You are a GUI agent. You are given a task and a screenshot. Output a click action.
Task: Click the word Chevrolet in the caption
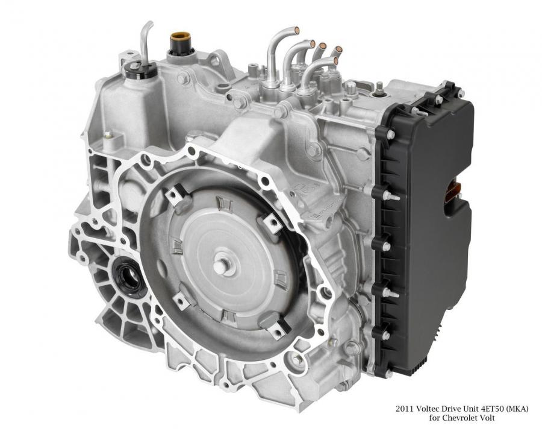tap(461, 418)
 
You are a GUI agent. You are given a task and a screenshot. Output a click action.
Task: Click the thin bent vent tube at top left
tap(145, 42)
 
